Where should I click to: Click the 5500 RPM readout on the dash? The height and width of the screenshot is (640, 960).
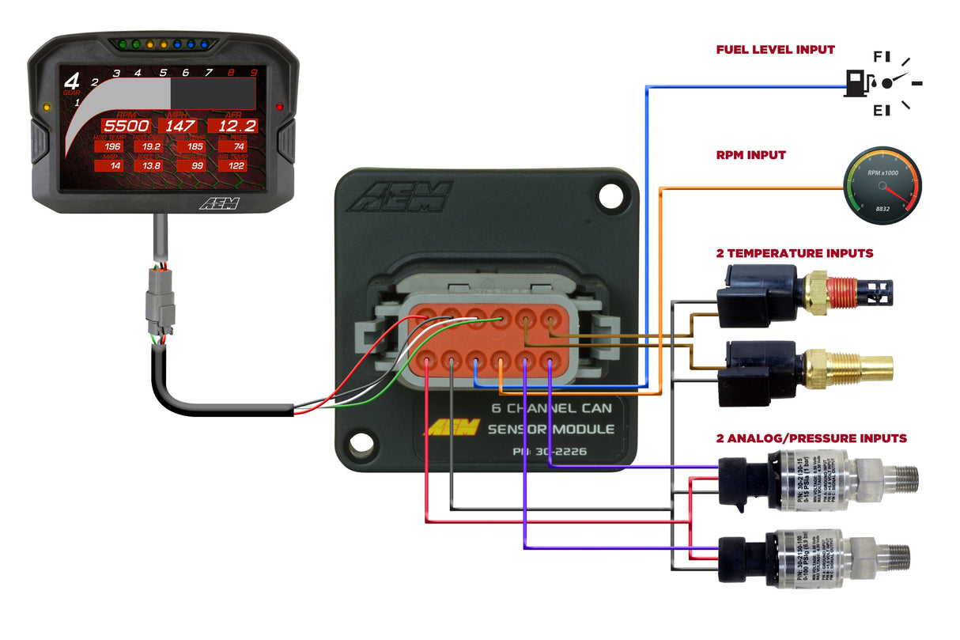point(127,126)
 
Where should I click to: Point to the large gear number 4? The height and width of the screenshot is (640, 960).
point(72,81)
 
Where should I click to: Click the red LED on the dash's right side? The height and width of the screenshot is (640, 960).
point(279,106)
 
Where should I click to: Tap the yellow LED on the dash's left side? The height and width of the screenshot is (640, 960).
point(47,105)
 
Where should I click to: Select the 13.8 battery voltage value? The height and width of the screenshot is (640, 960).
point(151,165)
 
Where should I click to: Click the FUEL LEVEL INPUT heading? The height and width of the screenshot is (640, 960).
point(775,50)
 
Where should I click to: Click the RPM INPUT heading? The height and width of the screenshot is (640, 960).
point(750,155)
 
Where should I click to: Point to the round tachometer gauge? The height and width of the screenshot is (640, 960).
point(883,184)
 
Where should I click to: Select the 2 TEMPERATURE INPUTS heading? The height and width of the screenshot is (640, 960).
point(794,253)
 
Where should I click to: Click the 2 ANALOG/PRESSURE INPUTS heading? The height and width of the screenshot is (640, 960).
point(811,437)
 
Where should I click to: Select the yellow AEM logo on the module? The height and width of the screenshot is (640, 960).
point(453,428)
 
